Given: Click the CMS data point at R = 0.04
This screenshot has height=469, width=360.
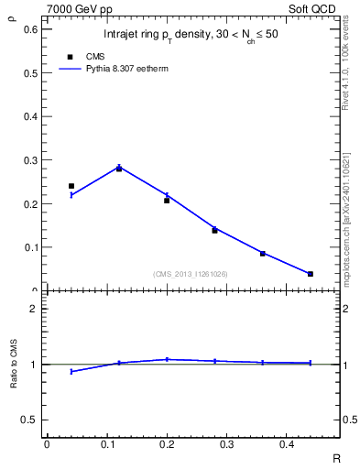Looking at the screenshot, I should [71, 186].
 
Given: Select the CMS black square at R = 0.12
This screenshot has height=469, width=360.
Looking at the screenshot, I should [119, 169].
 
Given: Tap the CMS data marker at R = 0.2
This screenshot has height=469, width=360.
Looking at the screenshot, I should [167, 200].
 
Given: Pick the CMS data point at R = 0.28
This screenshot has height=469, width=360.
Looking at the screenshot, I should [214, 230].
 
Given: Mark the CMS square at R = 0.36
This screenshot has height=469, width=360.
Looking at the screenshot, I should [263, 254].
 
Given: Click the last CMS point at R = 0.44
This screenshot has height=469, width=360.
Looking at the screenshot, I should [311, 274].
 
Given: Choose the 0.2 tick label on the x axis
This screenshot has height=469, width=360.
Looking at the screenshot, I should [166, 444].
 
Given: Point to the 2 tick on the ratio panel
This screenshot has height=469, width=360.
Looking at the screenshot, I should [34, 310].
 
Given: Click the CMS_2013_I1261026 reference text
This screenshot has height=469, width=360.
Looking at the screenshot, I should [191, 274].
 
